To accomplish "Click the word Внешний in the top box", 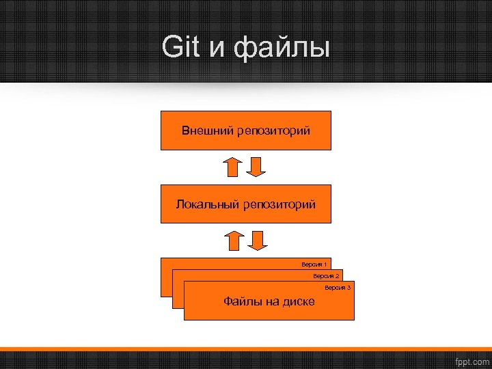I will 208,130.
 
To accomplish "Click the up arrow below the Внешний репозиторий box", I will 234,167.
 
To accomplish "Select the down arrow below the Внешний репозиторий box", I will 256,167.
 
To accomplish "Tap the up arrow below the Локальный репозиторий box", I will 234,241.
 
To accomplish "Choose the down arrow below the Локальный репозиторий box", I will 257,241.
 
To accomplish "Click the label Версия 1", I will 314,264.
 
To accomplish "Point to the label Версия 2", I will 326,276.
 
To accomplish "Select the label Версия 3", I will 338,288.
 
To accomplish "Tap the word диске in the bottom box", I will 297,302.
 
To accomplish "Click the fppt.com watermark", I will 471,360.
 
